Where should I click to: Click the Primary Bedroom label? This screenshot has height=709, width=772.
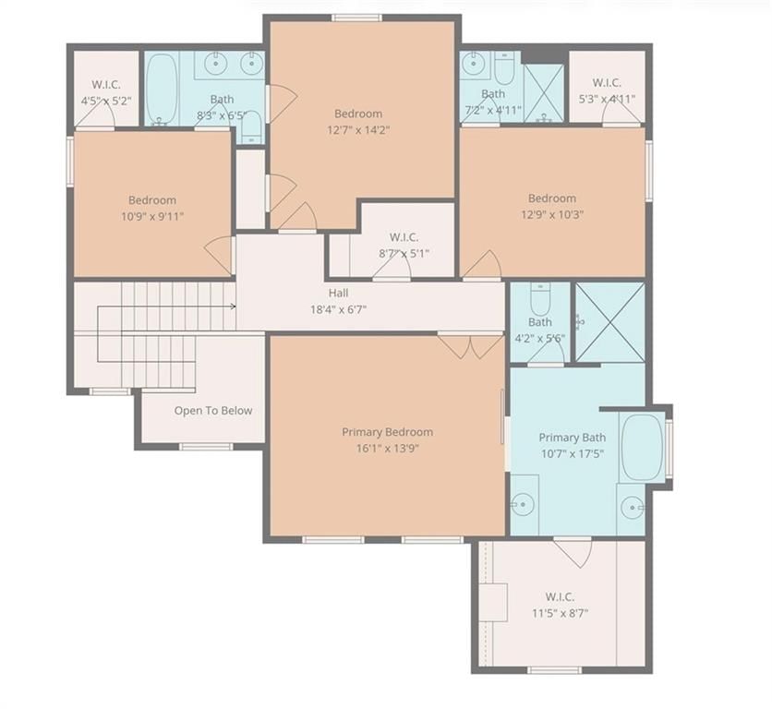coord(388,432)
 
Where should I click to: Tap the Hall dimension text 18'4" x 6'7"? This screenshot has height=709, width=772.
coord(338,309)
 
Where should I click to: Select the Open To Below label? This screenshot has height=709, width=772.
coord(213,411)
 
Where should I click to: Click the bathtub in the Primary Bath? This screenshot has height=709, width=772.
coord(642,447)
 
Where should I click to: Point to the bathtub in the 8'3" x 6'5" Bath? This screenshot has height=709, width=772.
coord(162,89)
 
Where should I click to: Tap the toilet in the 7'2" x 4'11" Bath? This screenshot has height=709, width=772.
coord(504,68)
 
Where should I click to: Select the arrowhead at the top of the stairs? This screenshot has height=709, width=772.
coord(233,306)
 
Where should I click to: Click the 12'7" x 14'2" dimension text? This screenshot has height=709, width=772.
coord(358,130)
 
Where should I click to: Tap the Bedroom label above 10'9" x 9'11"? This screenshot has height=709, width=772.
coord(152,200)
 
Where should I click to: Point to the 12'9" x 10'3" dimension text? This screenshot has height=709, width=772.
coord(552,215)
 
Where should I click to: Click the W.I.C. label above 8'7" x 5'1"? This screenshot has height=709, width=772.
coord(404,237)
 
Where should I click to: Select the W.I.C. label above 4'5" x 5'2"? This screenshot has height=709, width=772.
coord(106,85)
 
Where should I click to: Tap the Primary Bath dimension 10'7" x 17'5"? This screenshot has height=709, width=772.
coord(573,453)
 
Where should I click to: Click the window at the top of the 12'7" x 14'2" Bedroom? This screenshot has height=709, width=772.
coord(356,18)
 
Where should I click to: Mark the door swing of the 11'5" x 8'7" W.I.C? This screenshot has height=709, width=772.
coord(573,552)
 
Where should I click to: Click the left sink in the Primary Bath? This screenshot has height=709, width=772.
coord(522,504)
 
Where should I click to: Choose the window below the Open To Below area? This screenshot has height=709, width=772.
coord(205,447)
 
